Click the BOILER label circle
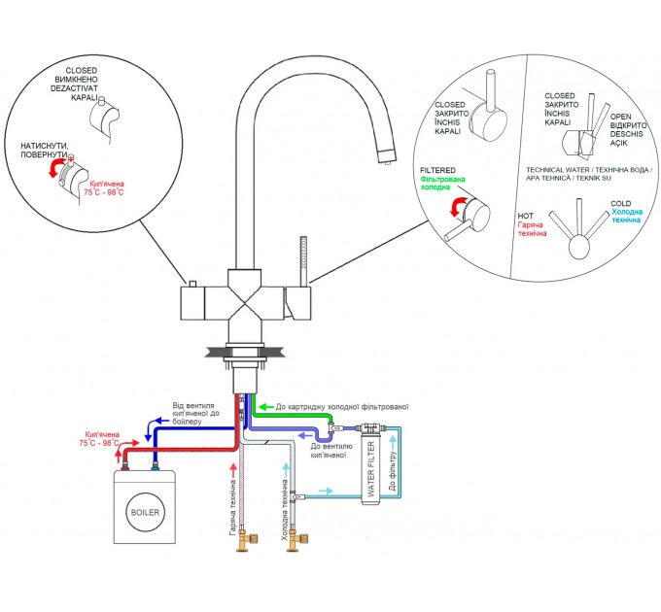[x=145, y=512]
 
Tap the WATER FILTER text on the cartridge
[x=371, y=469]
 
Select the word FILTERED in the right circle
[x=437, y=170]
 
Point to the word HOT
[x=525, y=216]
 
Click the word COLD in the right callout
[x=620, y=203]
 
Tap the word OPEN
[x=620, y=117]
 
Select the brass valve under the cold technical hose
[x=296, y=540]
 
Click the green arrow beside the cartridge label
[x=265, y=407]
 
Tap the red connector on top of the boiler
[x=124, y=466]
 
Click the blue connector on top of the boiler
[x=156, y=466]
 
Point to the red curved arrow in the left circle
[x=56, y=168]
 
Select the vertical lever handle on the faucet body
[x=302, y=261]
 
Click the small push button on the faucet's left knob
[x=192, y=284]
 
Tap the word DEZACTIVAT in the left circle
[x=74, y=88]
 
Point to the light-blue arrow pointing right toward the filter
[x=327, y=491]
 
